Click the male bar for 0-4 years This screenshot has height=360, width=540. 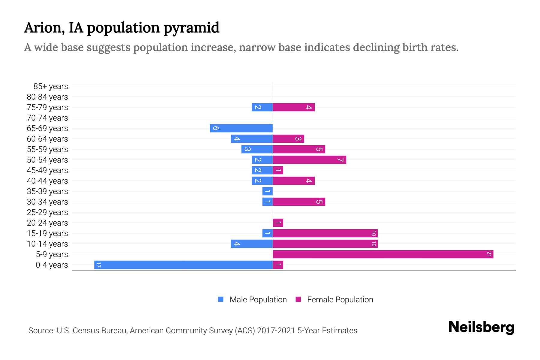[183, 265]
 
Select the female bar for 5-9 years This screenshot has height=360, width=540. [383, 254]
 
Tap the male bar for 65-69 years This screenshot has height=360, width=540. [241, 128]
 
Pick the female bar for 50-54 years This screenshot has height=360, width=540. [309, 160]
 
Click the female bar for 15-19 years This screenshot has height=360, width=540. [325, 233]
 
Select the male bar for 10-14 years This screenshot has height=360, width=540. [252, 244]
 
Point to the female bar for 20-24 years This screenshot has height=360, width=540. [278, 223]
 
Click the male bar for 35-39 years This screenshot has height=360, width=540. [267, 191]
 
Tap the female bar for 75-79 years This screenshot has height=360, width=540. [294, 107]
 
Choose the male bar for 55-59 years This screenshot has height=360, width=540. [257, 149]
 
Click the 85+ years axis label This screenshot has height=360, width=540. [50, 86]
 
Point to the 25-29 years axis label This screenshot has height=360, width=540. [47, 212]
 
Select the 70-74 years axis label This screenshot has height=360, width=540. [47, 118]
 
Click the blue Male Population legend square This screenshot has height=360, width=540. [221, 299]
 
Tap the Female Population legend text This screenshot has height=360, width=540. [340, 300]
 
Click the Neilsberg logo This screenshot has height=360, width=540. [481, 327]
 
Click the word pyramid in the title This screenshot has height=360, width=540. [191, 28]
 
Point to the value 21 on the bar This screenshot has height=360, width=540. [489, 254]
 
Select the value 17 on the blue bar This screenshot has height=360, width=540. [98, 265]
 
